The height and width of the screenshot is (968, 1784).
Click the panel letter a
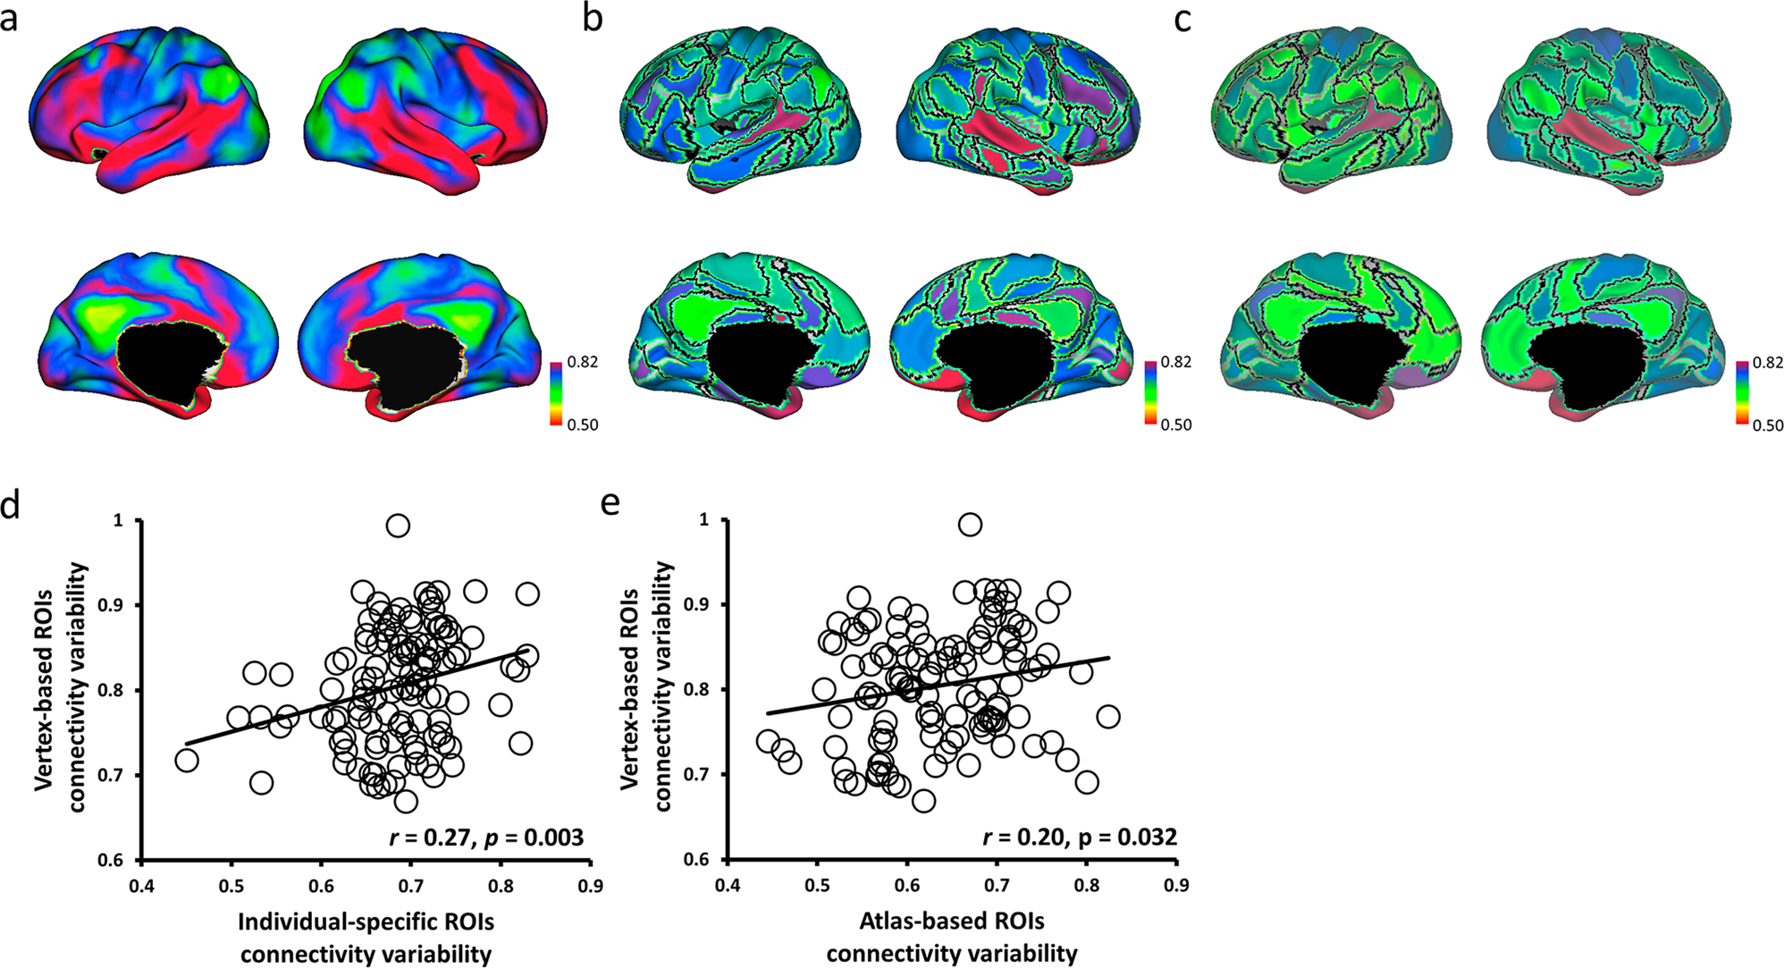[9, 18]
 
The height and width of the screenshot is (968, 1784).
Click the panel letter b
[593, 18]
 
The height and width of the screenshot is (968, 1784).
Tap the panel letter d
[10, 507]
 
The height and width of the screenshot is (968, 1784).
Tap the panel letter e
[610, 503]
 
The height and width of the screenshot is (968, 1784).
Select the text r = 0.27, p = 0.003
[486, 838]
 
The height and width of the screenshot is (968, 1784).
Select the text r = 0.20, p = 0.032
[1080, 838]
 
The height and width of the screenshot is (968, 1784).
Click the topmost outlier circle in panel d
[398, 526]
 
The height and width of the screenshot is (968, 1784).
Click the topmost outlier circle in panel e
[970, 525]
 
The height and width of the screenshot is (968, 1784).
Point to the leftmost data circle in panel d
[186, 761]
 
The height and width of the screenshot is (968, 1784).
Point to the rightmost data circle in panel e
[1108, 717]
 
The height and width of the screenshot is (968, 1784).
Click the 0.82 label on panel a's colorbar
[583, 362]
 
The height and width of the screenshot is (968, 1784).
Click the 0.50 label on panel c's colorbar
[1768, 425]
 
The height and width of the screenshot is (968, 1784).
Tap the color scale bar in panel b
[1150, 392]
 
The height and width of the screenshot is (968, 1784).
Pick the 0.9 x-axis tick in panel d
[590, 886]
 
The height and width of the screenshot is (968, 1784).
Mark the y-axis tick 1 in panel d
[120, 520]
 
